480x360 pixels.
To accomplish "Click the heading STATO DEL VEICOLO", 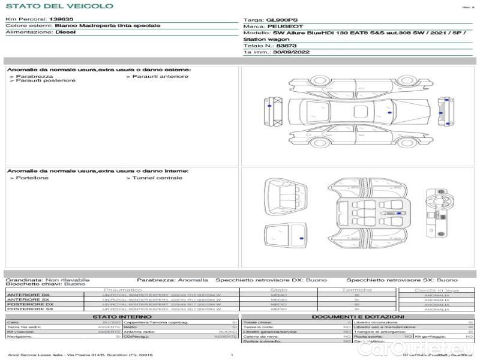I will (59, 6).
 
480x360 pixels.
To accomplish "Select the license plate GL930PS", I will (280, 20).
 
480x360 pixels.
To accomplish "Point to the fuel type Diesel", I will (65, 32).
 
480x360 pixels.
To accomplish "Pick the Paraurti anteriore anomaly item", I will (159, 76).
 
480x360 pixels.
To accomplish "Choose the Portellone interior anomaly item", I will (32, 178).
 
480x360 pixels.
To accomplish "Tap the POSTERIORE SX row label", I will (29, 309).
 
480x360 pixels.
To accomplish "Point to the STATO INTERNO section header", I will (122, 317).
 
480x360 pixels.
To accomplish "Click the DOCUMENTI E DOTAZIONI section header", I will (358, 317).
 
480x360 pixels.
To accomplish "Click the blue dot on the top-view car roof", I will (390, 113).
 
